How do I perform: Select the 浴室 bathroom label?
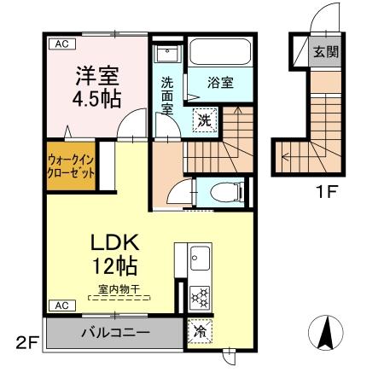point(220,83)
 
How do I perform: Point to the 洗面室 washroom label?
point(168,95)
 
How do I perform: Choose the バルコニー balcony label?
point(116,331)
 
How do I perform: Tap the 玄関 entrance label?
point(325,51)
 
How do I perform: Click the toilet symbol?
point(230,189)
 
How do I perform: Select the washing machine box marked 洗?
point(205,120)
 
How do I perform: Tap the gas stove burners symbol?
point(201,297)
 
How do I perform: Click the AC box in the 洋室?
point(61,42)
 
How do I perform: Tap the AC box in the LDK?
point(61,305)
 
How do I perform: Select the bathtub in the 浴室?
point(219,52)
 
